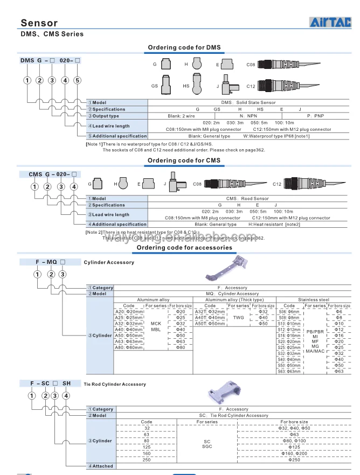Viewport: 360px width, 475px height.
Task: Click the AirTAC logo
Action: pyautogui.click(x=330, y=22)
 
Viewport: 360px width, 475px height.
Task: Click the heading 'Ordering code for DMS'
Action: pyautogui.click(x=184, y=48)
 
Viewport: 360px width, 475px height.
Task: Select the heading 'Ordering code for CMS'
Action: pyautogui.click(x=184, y=160)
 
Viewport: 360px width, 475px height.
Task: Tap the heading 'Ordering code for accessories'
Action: pyautogui.click(x=184, y=248)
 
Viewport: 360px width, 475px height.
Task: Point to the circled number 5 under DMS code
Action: pyautogui.click(x=77, y=80)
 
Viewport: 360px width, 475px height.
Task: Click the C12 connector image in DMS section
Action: pyautogui.click(x=285, y=86)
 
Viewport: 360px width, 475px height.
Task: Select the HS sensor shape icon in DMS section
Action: pyautogui.click(x=198, y=85)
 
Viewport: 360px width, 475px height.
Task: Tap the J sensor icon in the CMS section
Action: pyautogui.click(x=175, y=184)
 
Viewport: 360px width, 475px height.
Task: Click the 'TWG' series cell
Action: pyautogui.click(x=238, y=318)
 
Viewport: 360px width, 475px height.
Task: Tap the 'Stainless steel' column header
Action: pyautogui.click(x=313, y=299)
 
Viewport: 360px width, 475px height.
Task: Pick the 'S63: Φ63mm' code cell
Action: pyautogui.click(x=289, y=371)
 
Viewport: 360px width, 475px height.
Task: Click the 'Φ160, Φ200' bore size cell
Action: pyautogui.click(x=294, y=453)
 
